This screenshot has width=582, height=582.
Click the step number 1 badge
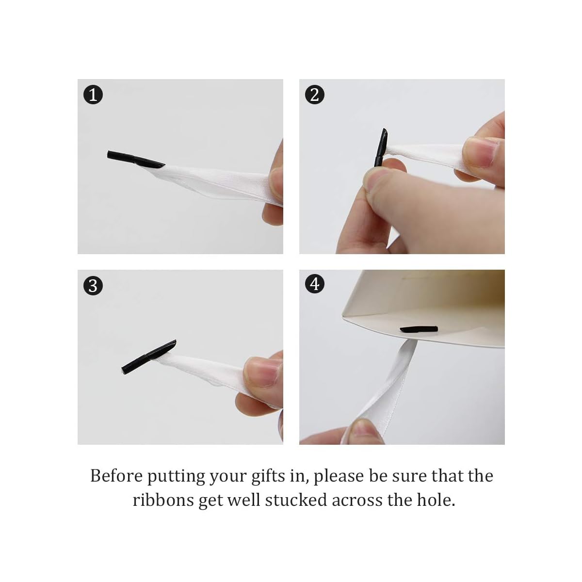coord(93,95)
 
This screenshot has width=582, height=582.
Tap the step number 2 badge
coord(314,95)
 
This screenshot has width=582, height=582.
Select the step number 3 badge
coord(93,286)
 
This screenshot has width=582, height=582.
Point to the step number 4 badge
coord(314,284)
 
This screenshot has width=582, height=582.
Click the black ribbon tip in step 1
coord(135,160)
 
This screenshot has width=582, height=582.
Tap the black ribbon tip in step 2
coord(381,148)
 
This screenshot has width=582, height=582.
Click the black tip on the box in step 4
coord(419,329)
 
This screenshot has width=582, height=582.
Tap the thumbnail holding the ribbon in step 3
coord(261,372)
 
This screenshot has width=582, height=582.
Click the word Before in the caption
coord(116,476)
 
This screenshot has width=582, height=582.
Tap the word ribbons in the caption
coord(163,500)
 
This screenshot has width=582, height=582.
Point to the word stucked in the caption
coord(296,500)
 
